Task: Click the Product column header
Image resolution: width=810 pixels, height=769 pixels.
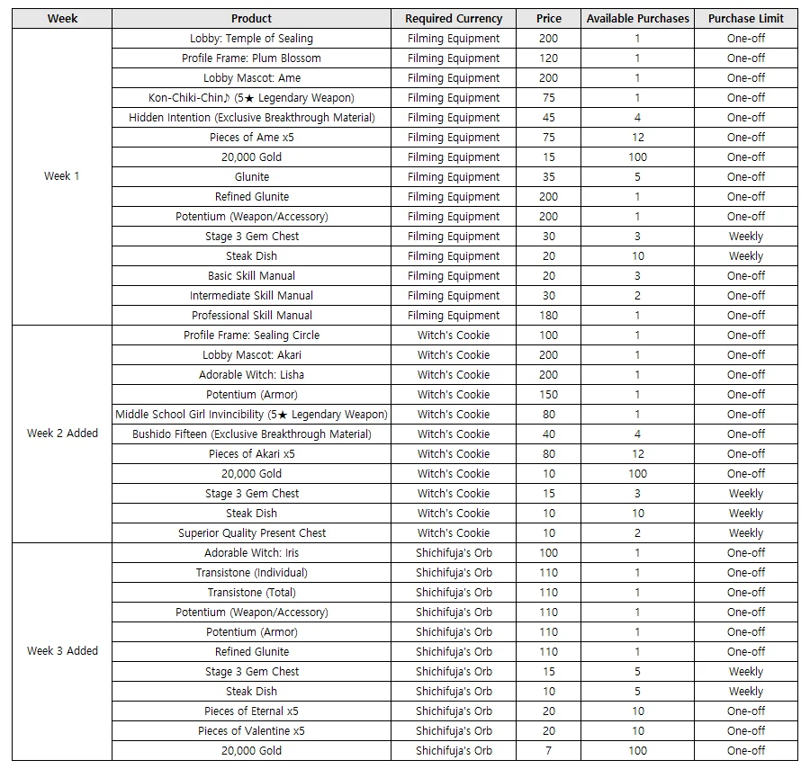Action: (x=251, y=19)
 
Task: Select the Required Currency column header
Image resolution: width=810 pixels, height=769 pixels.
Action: (x=454, y=19)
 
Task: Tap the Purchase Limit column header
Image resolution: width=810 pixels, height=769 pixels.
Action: (x=745, y=19)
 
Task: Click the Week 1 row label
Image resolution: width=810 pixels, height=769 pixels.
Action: (x=62, y=176)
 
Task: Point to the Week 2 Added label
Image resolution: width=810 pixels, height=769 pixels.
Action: (x=62, y=434)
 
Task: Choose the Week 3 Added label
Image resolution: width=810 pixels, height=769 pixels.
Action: (x=62, y=651)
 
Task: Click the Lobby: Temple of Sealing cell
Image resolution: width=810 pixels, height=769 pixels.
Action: (x=251, y=39)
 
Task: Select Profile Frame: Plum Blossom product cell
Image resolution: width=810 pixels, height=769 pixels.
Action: (x=251, y=58)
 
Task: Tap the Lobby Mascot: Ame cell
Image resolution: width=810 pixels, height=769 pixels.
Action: (x=251, y=78)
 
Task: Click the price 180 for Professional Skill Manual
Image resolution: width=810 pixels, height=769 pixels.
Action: (x=548, y=316)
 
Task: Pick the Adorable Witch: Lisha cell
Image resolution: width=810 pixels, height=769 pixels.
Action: (x=251, y=375)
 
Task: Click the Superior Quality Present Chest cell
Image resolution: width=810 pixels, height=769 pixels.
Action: (x=251, y=533)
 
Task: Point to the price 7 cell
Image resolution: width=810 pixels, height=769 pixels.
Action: (x=548, y=751)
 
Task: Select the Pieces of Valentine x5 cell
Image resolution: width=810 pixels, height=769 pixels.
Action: (x=251, y=731)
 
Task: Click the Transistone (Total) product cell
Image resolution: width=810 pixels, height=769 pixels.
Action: (x=251, y=593)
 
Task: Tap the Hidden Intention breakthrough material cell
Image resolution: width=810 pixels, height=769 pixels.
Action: (x=251, y=118)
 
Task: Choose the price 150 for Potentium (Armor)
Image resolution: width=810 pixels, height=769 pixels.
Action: (x=548, y=395)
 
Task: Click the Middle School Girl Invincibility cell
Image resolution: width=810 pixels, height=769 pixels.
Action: (x=251, y=415)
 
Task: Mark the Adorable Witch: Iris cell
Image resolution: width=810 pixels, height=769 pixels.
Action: (x=251, y=553)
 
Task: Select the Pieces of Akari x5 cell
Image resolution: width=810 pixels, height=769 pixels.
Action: (x=251, y=454)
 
